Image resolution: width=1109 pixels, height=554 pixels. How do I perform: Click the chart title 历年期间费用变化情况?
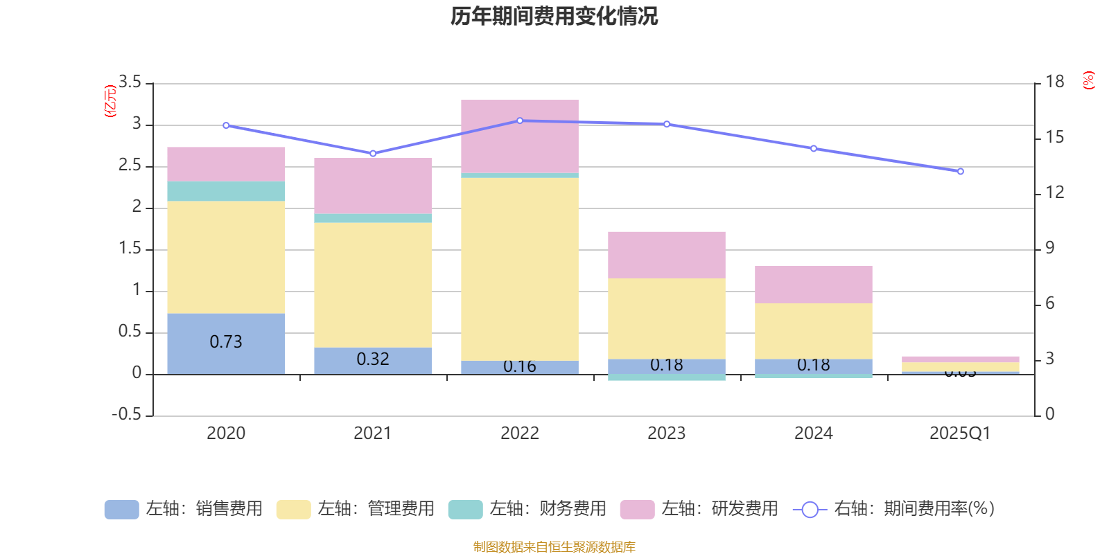click(x=554, y=16)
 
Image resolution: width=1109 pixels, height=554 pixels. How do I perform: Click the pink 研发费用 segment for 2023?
click(x=667, y=255)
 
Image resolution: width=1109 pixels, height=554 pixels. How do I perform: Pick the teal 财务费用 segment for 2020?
click(x=226, y=191)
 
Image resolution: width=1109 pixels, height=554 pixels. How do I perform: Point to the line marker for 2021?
click(x=373, y=154)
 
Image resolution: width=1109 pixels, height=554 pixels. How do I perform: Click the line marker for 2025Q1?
click(x=961, y=171)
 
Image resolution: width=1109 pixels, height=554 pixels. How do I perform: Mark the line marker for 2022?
click(x=520, y=120)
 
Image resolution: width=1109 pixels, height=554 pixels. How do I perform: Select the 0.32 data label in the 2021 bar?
click(x=373, y=359)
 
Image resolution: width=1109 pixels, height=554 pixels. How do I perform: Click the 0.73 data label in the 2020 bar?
click(x=226, y=342)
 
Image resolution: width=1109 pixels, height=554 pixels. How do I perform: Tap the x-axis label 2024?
click(x=813, y=434)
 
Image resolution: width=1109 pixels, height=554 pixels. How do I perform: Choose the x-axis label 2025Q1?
click(x=960, y=434)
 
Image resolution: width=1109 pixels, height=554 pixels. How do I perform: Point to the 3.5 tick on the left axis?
click(x=130, y=82)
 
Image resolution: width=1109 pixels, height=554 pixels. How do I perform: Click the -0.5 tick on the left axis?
click(x=126, y=414)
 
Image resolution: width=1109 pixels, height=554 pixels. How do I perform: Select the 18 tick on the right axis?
click(x=1055, y=82)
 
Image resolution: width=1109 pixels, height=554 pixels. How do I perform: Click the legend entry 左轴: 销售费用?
click(x=184, y=509)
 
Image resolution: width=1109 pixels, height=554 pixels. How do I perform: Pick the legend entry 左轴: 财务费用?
click(x=527, y=509)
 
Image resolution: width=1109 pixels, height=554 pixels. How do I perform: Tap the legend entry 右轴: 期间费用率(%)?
click(x=893, y=509)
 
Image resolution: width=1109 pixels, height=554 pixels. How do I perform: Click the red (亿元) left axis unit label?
click(x=110, y=101)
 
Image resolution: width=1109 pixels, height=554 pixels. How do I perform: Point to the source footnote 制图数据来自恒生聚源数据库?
click(x=554, y=547)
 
